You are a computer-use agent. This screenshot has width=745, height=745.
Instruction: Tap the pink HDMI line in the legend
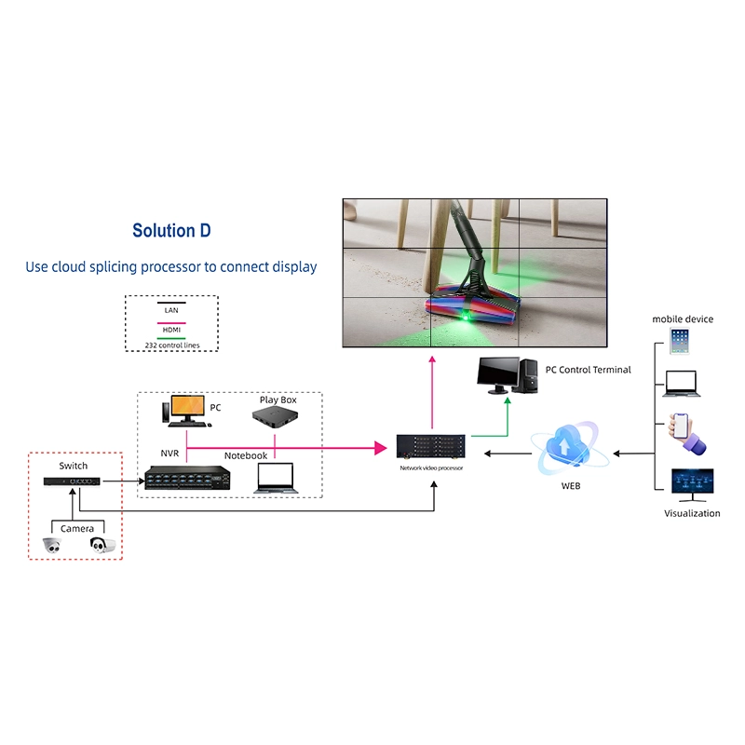171,321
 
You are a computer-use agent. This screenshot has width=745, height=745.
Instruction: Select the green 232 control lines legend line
171,338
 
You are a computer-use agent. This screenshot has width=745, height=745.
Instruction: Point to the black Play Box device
278,421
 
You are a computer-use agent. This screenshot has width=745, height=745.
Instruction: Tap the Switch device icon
72,481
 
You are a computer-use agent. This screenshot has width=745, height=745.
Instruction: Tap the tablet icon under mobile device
680,340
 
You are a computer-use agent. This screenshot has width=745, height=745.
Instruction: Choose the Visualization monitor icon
692,484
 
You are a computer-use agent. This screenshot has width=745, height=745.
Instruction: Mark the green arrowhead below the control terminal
508,400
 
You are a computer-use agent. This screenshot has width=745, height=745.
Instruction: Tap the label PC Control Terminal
588,370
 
